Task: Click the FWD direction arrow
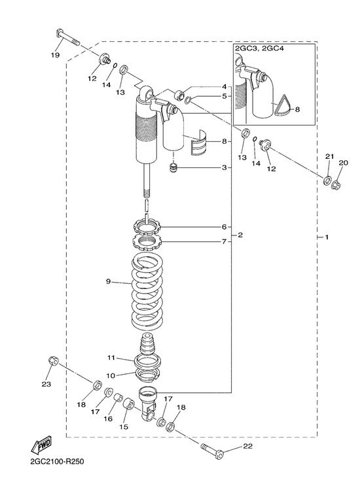pos(41,445)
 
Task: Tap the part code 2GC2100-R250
pos(58,461)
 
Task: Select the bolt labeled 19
pos(68,38)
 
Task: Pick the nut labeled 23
pos(53,361)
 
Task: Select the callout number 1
pos(327,237)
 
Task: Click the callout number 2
pos(240,235)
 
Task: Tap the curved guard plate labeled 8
pos(198,143)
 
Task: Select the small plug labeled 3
pos(173,167)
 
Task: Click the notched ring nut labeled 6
pos(147,226)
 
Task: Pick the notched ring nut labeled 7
pos(147,243)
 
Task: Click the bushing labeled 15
pos(129,403)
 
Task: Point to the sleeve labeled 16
pos(118,397)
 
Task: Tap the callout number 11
pos(111,358)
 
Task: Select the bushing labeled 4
pos(180,94)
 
